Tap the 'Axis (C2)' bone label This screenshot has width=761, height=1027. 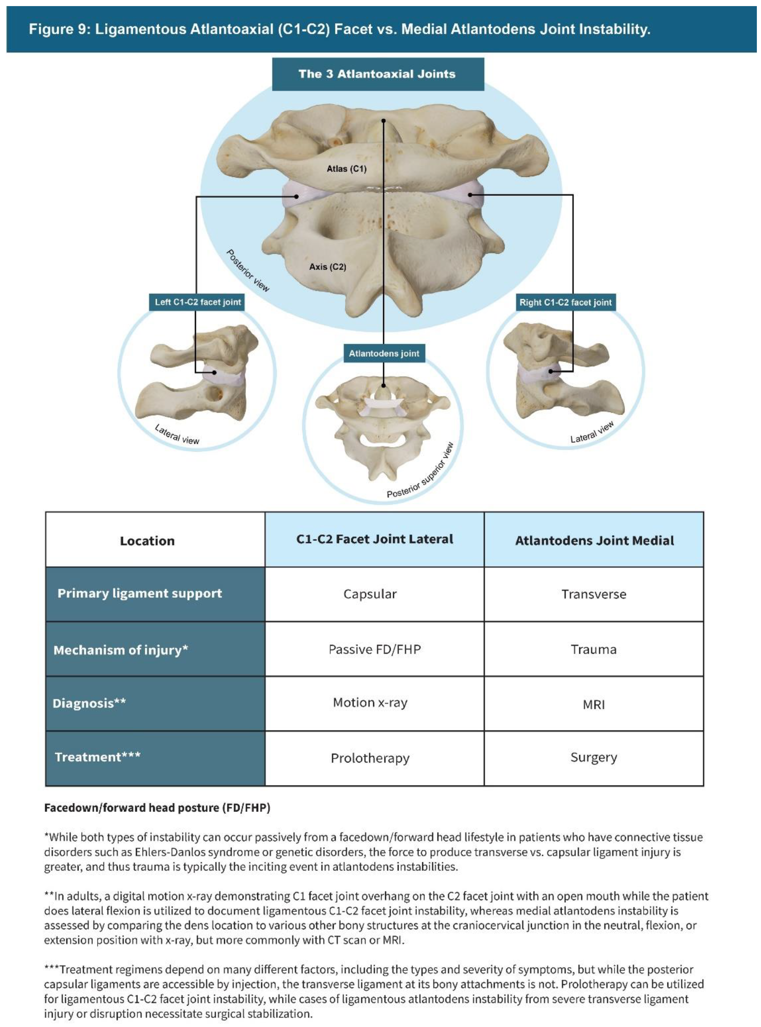pyautogui.click(x=328, y=267)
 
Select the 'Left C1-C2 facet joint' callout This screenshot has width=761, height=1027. pyautogui.click(x=198, y=302)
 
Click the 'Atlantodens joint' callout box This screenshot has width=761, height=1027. pyautogui.click(x=384, y=354)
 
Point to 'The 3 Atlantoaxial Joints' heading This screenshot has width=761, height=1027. pyautogui.click(x=377, y=74)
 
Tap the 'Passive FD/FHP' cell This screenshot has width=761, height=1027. pyautogui.click(x=374, y=650)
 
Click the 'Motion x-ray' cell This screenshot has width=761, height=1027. pyautogui.click(x=370, y=703)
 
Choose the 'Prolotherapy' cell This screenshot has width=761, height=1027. pyautogui.click(x=370, y=758)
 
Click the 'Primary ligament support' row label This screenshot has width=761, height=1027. pyautogui.click(x=140, y=593)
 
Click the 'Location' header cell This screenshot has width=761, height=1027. pyautogui.click(x=147, y=541)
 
